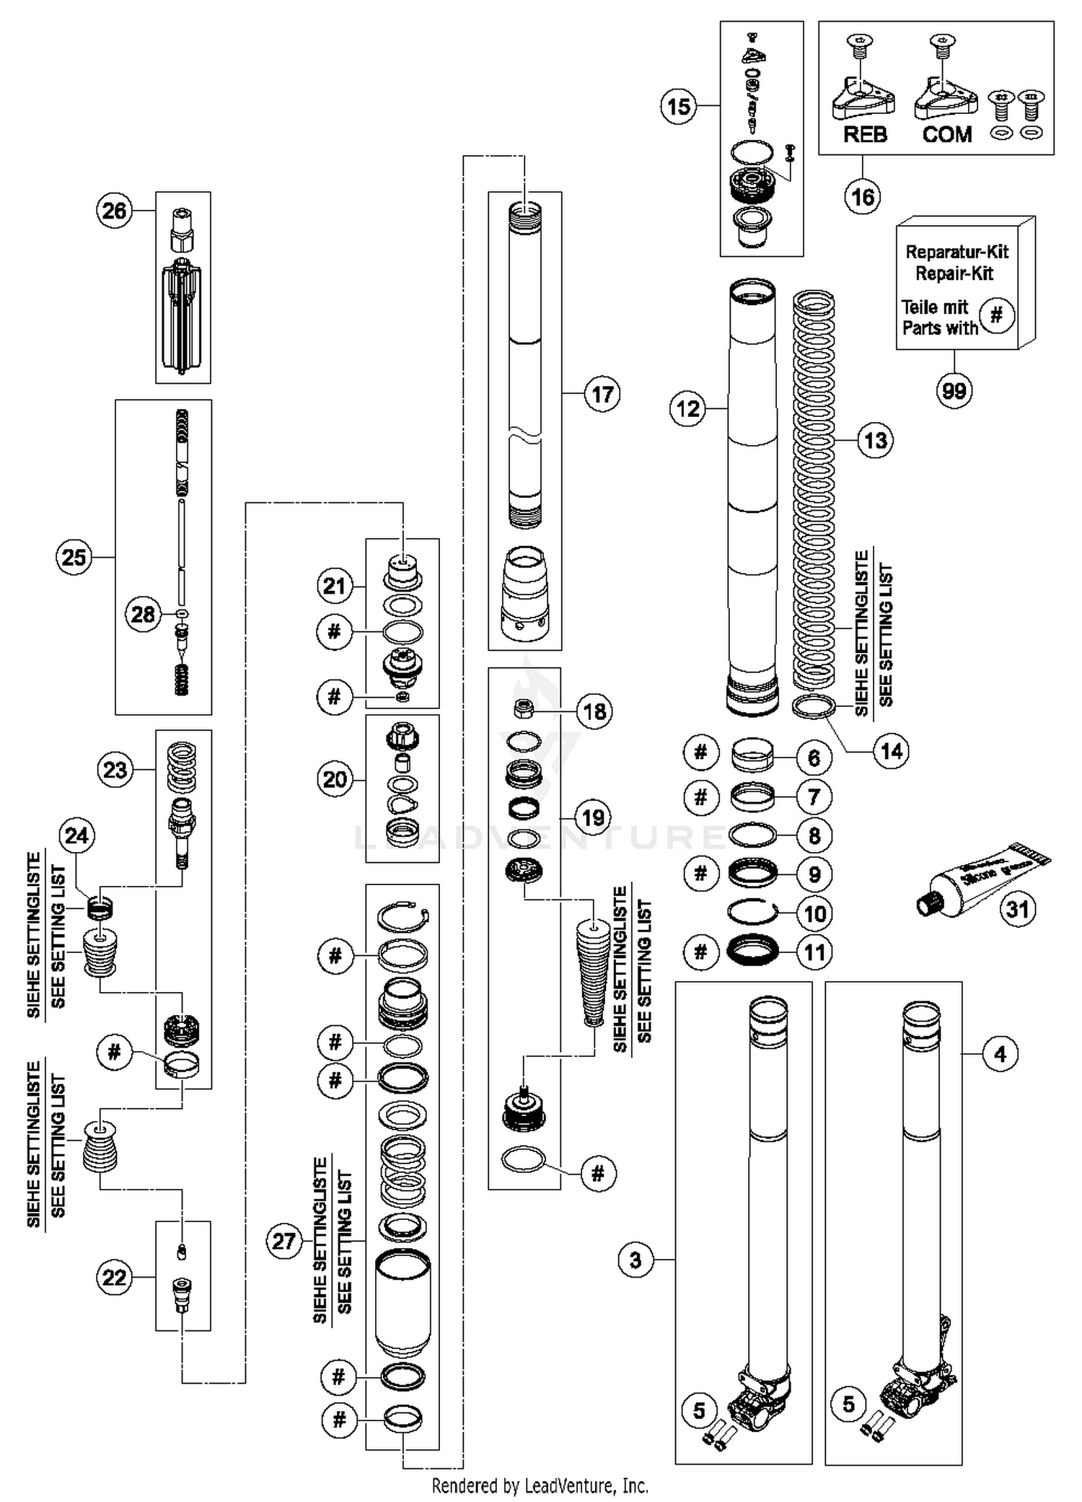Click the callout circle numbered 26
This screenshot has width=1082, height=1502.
pos(114,211)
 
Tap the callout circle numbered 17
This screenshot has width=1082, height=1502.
pos(602,394)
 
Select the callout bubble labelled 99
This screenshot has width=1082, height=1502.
pos(954,391)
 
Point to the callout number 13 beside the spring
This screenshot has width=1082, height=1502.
pos(875,440)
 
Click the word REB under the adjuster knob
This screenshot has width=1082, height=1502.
pos(865,134)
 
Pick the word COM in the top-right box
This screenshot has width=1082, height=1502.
pos(946,134)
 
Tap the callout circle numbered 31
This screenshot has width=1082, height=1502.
pos(1017,909)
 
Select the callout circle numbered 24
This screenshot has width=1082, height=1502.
pos(76,835)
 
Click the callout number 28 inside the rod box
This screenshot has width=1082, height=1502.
pos(143,614)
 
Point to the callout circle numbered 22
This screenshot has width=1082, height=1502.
pos(115,1278)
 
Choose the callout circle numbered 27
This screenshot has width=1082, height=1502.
pos(283,1241)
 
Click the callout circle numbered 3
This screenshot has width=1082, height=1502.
pos(635,1260)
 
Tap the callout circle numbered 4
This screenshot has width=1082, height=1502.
pos(1000,1054)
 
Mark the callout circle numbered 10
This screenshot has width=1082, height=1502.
pos(814,914)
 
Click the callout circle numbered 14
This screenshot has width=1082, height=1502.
pos(892,751)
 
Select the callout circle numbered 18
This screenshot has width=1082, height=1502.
pos(594,711)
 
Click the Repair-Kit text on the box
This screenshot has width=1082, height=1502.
pos(954,273)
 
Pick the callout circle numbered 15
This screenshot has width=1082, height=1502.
pos(678,107)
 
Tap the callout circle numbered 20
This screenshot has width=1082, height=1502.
pos(335,779)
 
